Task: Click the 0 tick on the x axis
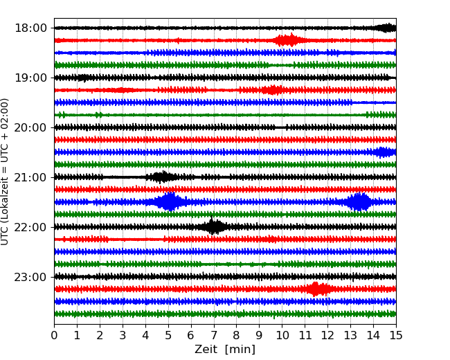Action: click(54, 336)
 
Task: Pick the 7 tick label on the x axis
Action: click(214, 336)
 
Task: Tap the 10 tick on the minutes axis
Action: click(282, 336)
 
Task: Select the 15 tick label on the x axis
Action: click(396, 336)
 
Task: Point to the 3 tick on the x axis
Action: click(123, 336)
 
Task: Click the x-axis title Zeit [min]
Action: click(225, 350)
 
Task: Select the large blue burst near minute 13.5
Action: click(359, 202)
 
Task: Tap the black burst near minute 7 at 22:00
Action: click(214, 226)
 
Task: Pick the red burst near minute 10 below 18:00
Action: click(286, 40)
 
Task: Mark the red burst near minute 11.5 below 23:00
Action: click(317, 289)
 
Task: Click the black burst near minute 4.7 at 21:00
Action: click(162, 177)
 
